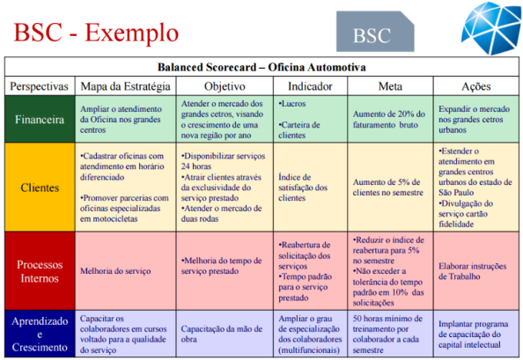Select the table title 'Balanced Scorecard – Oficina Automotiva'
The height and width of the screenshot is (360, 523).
pyautogui.click(x=262, y=67)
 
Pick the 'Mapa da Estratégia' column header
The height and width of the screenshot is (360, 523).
pyautogui.click(x=125, y=86)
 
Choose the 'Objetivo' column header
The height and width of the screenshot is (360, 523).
pyautogui.click(x=225, y=86)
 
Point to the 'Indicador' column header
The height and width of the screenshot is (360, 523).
pyautogui.click(x=312, y=86)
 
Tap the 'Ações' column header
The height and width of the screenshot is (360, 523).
pyautogui.click(x=475, y=86)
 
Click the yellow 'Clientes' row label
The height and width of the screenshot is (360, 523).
pyautogui.click(x=39, y=187)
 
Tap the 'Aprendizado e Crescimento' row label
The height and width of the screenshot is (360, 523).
pyautogui.click(x=39, y=331)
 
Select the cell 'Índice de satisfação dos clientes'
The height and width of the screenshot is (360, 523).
pyautogui.click(x=304, y=187)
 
